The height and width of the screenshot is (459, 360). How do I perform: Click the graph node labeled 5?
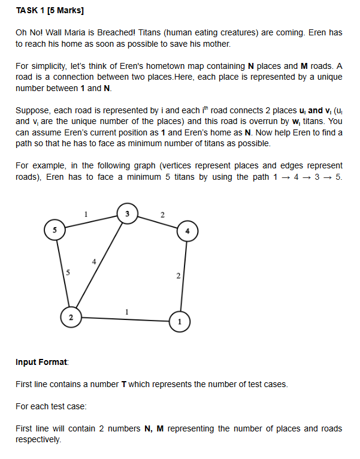[x=55, y=230]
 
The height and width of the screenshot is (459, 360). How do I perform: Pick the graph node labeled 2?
[x=71, y=317]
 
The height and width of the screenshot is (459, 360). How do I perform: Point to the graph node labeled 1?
[x=178, y=321]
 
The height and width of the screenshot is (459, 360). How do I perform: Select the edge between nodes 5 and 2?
[x=63, y=273]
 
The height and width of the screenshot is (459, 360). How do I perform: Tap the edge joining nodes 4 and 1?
[x=183, y=275]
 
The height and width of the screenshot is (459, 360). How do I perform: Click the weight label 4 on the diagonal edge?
[x=93, y=261]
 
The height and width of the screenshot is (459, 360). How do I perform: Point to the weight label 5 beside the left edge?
[x=68, y=273]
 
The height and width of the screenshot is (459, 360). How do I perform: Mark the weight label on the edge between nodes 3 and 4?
[x=162, y=213]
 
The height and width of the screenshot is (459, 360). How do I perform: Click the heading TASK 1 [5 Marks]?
[x=50, y=11]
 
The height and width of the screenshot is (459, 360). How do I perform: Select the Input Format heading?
[x=42, y=362]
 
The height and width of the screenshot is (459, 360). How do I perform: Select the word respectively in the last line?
[x=38, y=440]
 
